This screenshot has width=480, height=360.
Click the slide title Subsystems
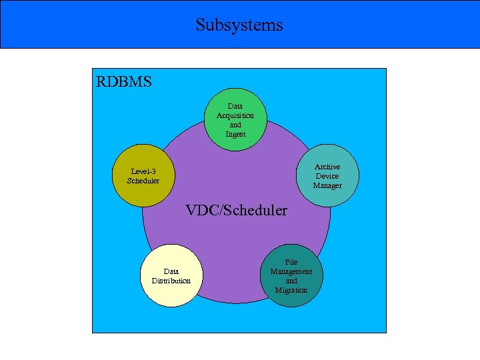click(x=239, y=25)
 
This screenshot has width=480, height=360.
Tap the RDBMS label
click(x=124, y=82)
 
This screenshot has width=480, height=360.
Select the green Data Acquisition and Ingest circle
click(x=235, y=120)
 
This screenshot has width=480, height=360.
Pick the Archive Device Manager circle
click(x=327, y=176)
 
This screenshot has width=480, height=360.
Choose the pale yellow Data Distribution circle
click(x=171, y=275)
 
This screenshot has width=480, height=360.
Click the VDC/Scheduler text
click(x=237, y=211)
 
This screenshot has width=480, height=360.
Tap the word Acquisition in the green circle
click(x=235, y=115)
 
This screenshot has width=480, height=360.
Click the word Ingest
click(x=235, y=134)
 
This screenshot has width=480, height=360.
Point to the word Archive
click(x=327, y=167)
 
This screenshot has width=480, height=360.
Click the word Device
click(x=327, y=176)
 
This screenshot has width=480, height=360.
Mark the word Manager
click(x=327, y=185)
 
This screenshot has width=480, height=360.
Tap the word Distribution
click(x=171, y=281)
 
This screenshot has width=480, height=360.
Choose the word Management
click(x=291, y=271)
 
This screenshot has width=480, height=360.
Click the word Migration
click(x=291, y=290)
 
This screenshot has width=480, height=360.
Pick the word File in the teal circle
click(x=291, y=263)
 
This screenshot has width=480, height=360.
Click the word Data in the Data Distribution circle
click(x=171, y=271)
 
